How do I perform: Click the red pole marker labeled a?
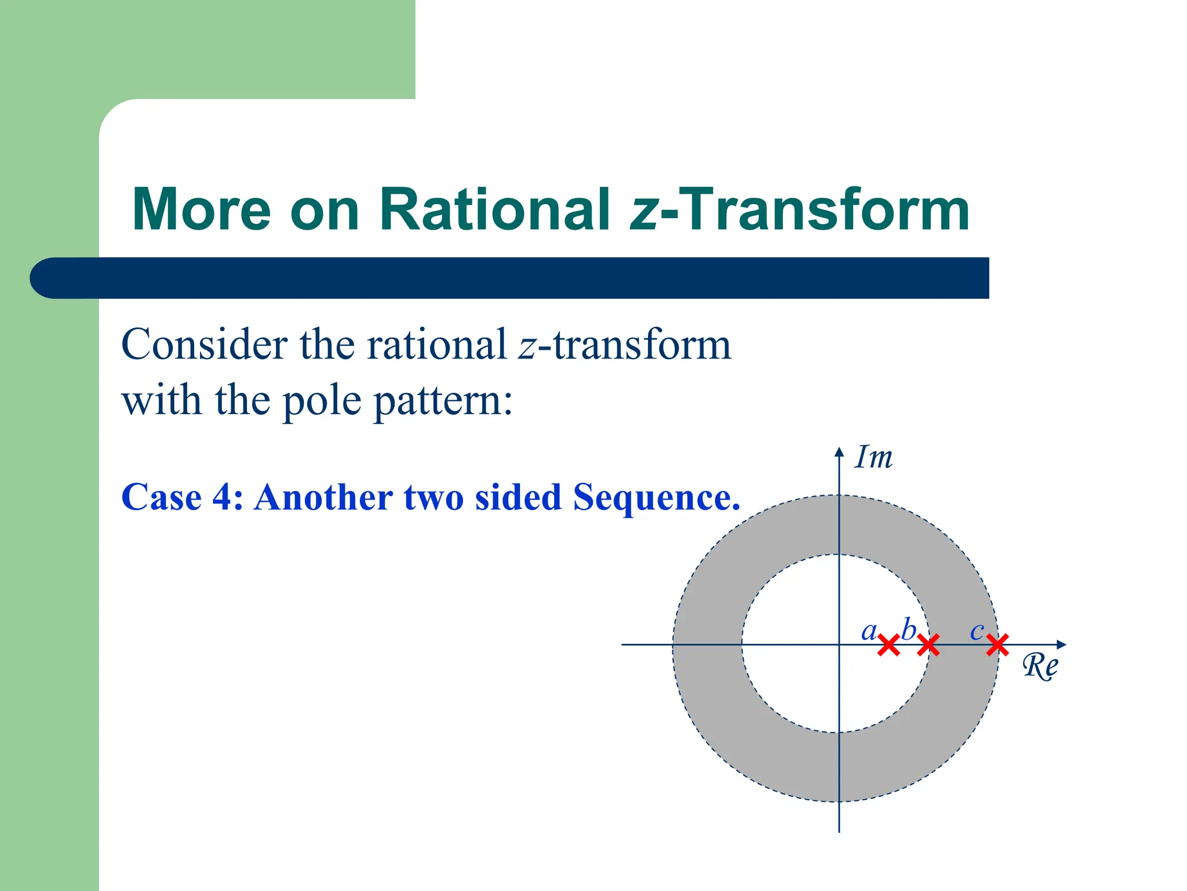[889, 645]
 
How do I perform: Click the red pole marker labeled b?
[928, 645]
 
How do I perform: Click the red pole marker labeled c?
[997, 644]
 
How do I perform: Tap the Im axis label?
[873, 458]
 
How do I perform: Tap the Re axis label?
[1040, 666]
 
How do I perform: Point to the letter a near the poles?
[868, 631]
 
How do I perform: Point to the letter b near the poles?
[909, 629]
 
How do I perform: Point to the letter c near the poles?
[977, 631]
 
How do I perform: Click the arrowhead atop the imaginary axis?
[839, 452]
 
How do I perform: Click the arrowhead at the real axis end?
[1061, 644]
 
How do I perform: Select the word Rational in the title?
[494, 209]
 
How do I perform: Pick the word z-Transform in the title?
[799, 209]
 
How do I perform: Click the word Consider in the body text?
[205, 345]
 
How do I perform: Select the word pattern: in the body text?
[443, 401]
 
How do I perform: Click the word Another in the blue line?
[323, 497]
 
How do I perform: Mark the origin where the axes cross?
[839, 644]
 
